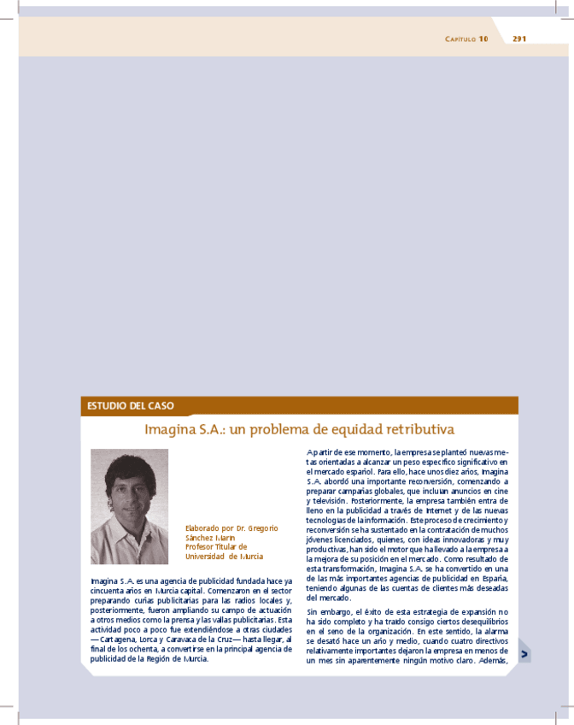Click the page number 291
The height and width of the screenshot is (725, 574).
point(518,38)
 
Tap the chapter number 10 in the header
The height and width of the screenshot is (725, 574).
point(483,38)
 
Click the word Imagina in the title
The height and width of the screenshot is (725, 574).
point(170,428)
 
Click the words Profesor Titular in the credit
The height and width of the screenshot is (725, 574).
point(212,546)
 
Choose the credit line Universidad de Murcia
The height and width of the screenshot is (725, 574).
point(224,556)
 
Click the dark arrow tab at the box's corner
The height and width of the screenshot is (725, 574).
point(524,653)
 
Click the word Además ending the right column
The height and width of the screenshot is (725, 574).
point(491,660)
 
